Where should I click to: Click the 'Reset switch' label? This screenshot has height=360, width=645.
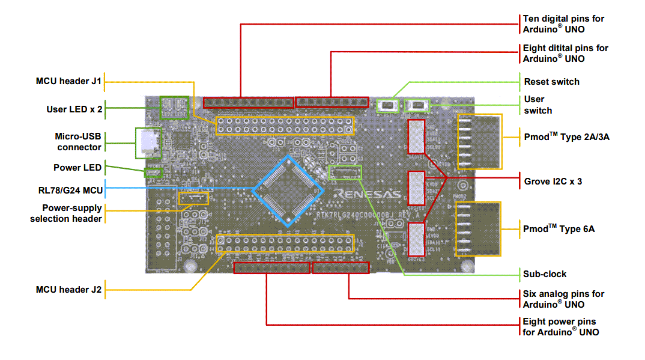tap(551, 82)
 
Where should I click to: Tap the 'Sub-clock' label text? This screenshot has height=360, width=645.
tap(545, 274)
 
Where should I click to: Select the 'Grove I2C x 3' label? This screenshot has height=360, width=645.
tap(553, 181)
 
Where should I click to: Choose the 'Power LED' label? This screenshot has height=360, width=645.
tap(77, 168)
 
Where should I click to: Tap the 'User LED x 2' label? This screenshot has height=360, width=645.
tap(74, 109)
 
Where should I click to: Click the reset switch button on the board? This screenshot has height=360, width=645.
tap(388, 106)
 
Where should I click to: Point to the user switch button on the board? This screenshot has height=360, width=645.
tap(418, 106)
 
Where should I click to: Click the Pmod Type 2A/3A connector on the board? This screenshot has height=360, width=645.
tap(479, 142)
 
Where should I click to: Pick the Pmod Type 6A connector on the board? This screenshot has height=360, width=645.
tap(478, 229)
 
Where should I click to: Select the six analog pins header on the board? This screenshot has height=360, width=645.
tap(341, 267)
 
